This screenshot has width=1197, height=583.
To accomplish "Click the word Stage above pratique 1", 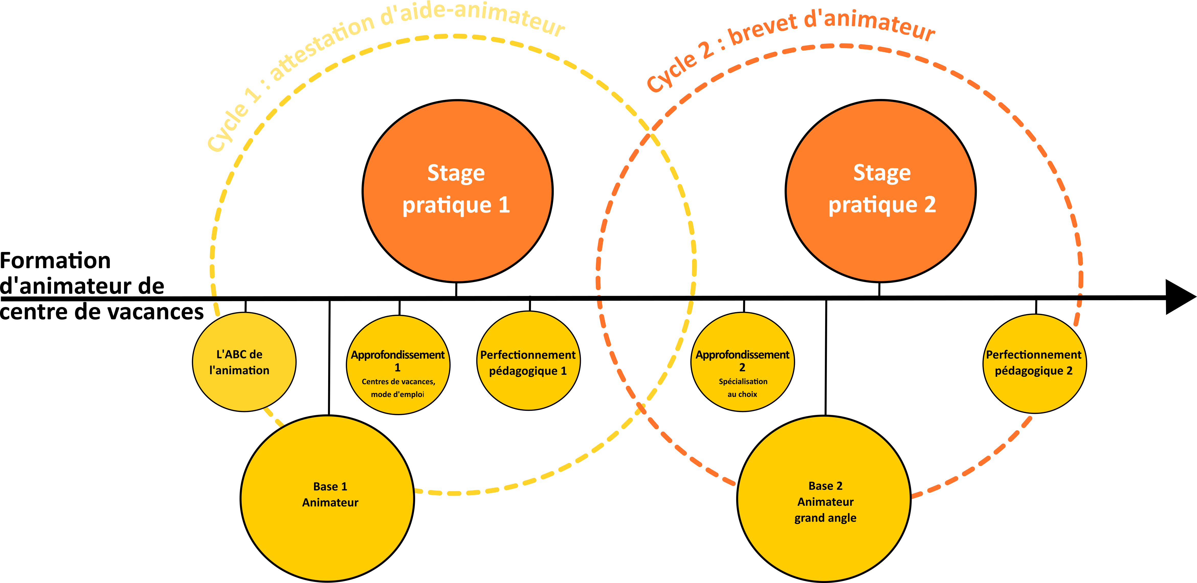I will [456, 173].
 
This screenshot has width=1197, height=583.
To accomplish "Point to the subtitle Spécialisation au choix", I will [742, 388].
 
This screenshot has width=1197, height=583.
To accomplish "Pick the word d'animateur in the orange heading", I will [869, 23].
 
